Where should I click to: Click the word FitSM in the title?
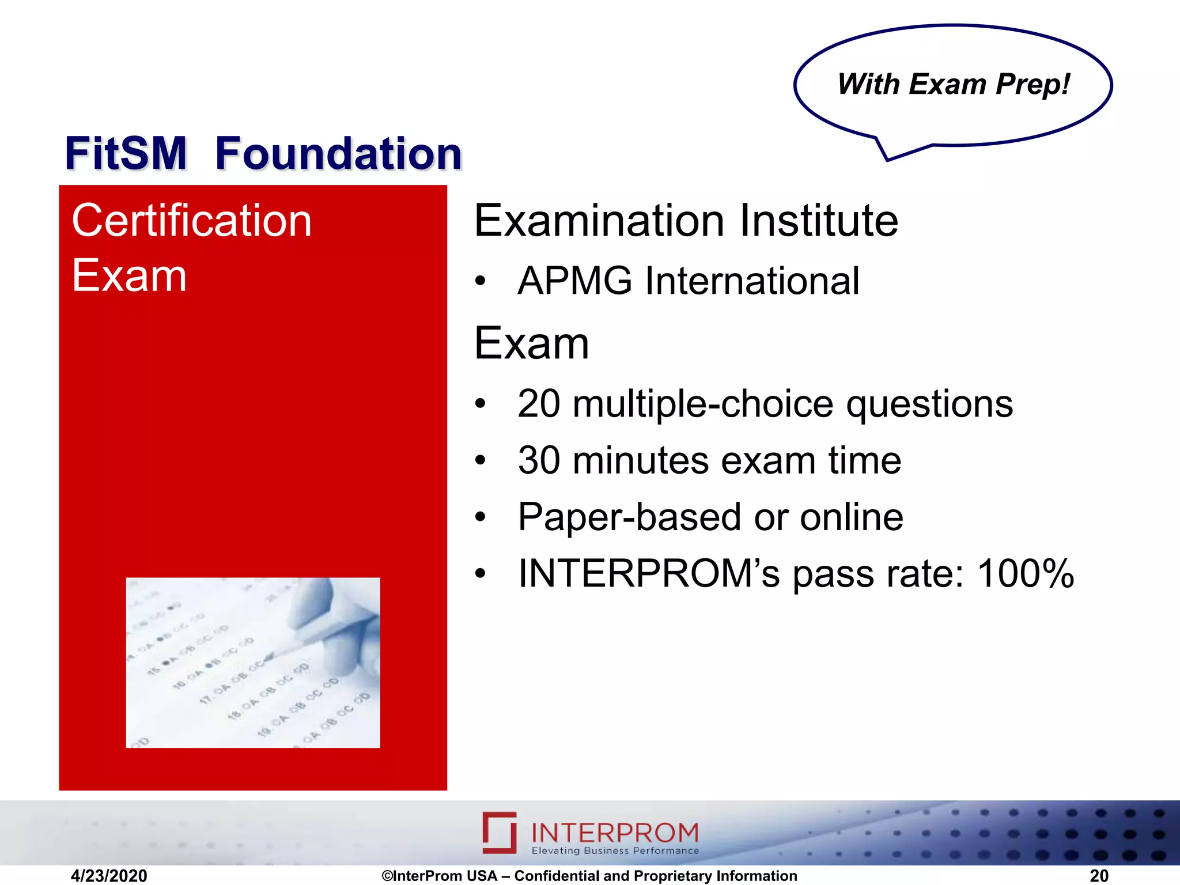pos(126,154)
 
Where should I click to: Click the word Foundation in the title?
pos(338,154)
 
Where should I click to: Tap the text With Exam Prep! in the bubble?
pos(953,84)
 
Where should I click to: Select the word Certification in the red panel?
pos(191,221)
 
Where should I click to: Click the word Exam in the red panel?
pos(129,276)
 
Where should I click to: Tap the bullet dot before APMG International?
pos(480,282)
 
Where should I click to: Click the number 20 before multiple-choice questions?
pos(538,403)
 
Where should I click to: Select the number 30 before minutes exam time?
pos(538,460)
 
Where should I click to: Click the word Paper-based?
pos(630,517)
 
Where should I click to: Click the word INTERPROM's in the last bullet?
pos(649,574)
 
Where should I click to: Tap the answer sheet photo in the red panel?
pos(252,663)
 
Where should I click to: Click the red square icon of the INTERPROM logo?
pos(499,833)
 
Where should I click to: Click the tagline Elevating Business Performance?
pos(615,851)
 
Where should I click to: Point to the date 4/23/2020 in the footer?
pos(108,876)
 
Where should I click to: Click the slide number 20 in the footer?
pos(1099,876)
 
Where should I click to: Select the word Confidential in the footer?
pos(557,876)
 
